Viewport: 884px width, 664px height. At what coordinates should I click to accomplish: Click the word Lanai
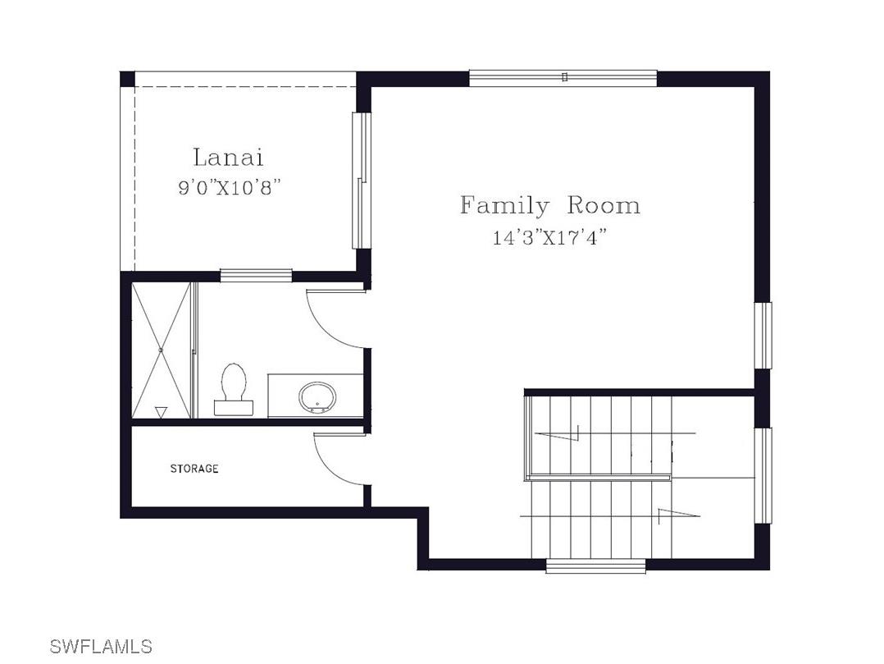point(228,158)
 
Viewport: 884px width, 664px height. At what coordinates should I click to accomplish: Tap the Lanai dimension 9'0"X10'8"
point(229,187)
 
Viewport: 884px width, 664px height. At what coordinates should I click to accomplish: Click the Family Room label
point(550,206)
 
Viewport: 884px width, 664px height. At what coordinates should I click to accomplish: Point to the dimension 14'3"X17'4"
point(549,237)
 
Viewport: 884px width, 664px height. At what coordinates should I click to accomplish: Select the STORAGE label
point(194,468)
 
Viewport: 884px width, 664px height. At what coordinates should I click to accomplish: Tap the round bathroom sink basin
point(317,397)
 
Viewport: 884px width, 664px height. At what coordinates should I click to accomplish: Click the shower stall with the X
point(162,350)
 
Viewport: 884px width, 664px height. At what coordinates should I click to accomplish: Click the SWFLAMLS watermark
point(101,646)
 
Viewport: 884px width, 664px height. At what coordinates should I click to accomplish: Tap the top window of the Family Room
point(563,78)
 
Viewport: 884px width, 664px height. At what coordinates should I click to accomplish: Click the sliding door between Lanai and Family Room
point(362,181)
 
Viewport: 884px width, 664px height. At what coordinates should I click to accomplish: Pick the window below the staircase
point(596,566)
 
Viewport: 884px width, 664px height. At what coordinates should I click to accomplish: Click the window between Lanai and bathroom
point(256,275)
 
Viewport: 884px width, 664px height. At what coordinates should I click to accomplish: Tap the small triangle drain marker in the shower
point(162,412)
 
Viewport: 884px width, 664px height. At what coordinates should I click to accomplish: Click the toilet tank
point(234,407)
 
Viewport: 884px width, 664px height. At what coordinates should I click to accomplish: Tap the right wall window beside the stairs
point(763,475)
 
